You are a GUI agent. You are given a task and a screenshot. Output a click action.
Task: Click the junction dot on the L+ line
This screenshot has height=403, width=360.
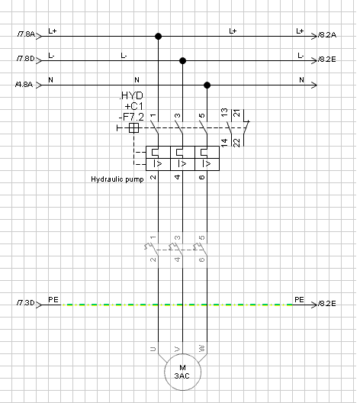coord(158,36)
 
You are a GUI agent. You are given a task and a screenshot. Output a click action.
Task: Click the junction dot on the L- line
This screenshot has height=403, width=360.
coord(182,60)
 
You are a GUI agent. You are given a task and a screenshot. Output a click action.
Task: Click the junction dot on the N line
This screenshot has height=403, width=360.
coord(207,85)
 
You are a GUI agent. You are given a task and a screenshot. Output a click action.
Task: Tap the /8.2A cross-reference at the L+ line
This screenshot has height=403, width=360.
coord(327,34)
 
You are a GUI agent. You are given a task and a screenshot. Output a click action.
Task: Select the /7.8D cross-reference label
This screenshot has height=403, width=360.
coord(25,59)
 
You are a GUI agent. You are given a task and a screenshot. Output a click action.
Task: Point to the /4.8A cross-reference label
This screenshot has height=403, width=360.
coord(24,84)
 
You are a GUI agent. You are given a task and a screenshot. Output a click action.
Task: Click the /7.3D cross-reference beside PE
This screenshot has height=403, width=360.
coord(25,303)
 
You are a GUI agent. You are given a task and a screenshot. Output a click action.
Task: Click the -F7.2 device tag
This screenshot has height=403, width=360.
coord(131,117)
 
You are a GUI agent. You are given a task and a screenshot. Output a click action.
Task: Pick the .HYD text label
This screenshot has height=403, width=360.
coord(131,95)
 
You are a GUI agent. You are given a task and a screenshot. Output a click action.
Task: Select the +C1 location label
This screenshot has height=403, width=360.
coord(133,106)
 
